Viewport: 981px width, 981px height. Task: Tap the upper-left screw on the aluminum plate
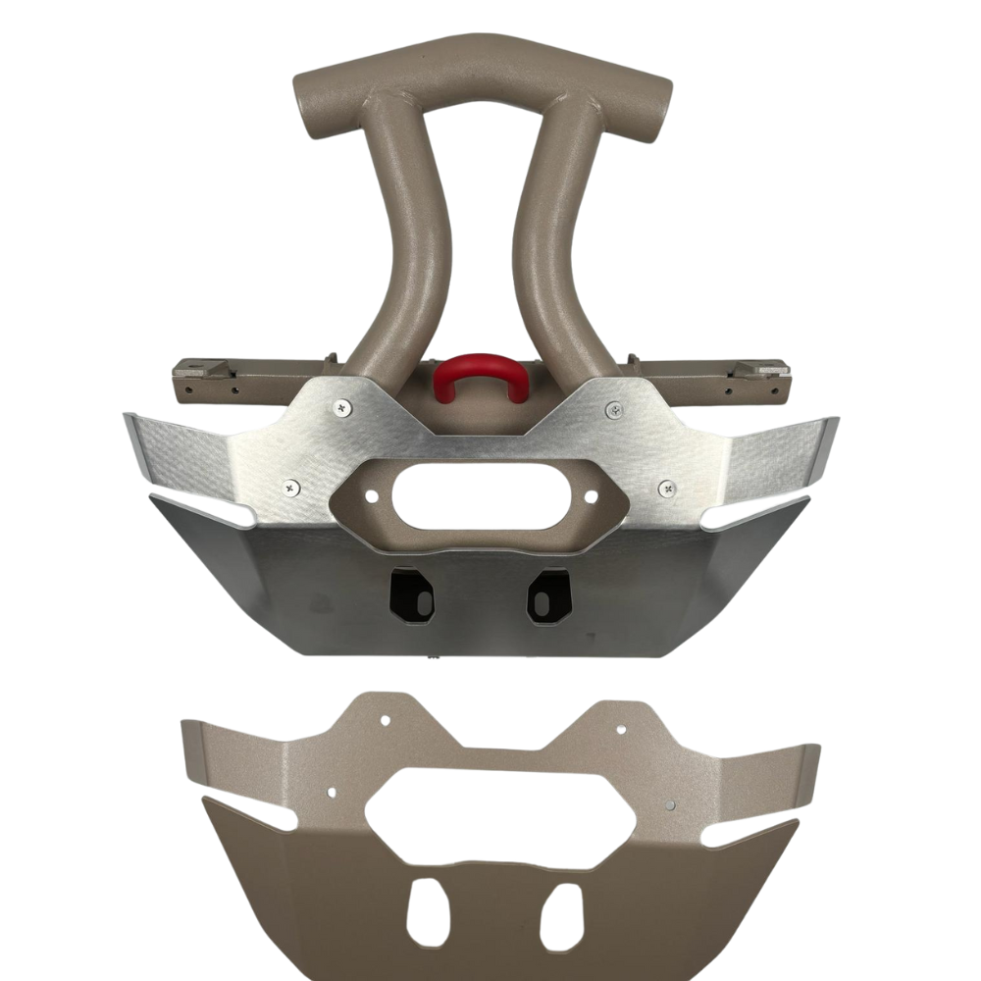coord(340,405)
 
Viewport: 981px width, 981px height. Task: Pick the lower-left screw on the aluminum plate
coord(290,485)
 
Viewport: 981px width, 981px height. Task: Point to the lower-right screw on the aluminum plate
coord(666,486)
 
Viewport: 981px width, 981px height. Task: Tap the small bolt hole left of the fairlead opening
coord(373,497)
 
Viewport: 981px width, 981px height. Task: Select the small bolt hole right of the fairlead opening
coord(591,497)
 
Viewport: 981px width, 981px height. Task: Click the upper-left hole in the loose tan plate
coord(385,720)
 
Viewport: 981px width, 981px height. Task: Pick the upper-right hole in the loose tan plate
coord(621,728)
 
